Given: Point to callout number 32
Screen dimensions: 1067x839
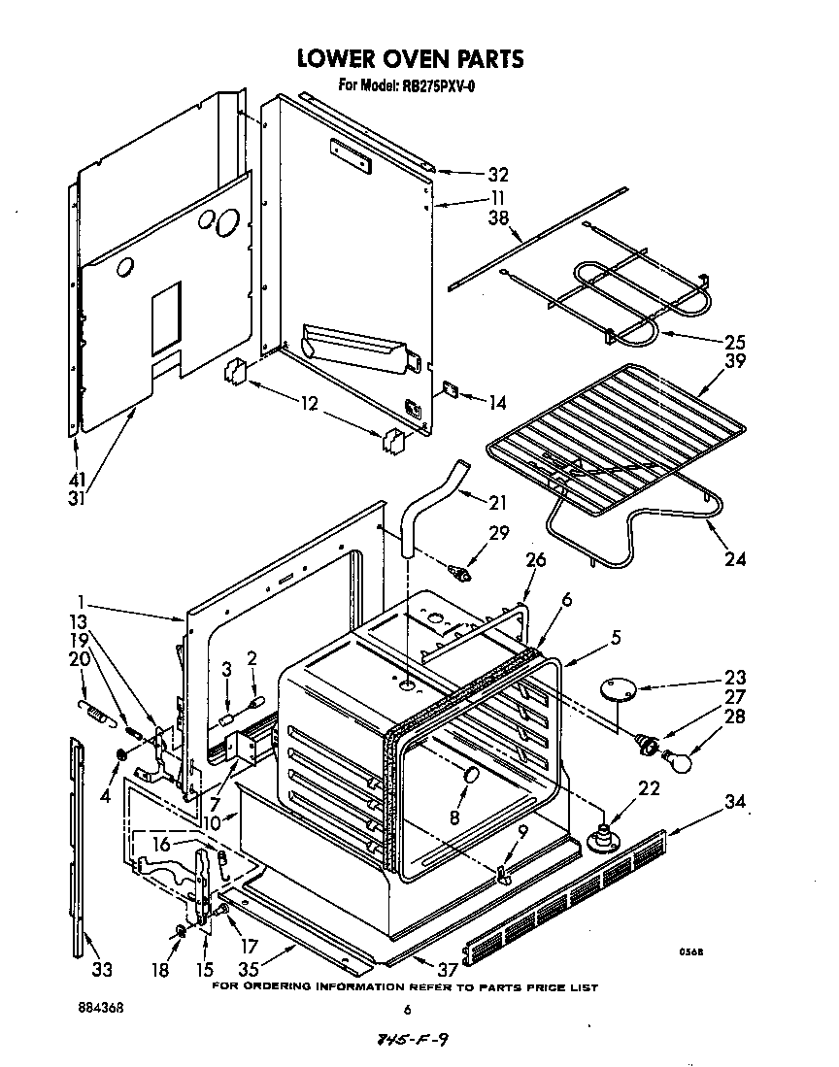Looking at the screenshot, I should coord(498,176).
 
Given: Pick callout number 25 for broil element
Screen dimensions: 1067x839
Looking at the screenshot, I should coord(735,342).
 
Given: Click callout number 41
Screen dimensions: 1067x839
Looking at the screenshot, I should coord(76,479).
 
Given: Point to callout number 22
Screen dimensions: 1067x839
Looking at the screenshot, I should coord(650,788).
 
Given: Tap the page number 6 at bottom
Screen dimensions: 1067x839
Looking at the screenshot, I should coord(409,1009).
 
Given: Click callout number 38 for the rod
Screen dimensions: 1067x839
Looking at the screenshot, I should coord(498,219).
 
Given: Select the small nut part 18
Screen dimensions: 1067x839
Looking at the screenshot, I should coord(181,932).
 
